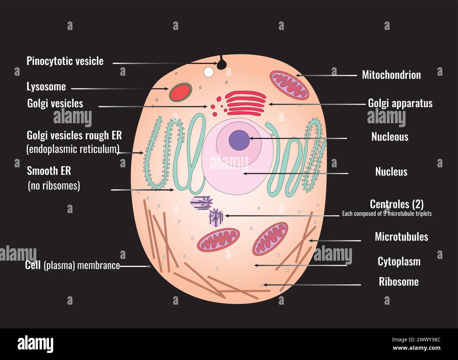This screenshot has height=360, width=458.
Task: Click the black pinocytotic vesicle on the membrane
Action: [222, 64]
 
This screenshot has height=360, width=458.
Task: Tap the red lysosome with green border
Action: [180, 92]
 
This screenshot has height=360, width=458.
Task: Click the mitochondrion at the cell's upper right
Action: [289, 85]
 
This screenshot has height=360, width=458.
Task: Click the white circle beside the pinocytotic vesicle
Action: [209, 72]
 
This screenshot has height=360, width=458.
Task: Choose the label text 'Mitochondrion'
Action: [391, 75]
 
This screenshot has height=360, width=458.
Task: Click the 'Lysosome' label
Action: [46, 87]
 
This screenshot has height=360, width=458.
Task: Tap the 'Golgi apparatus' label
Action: [400, 103]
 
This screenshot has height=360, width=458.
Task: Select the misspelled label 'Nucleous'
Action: [390, 137]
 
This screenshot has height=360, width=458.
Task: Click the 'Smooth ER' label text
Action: [49, 171]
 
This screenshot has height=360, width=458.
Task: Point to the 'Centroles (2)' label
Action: [396, 204]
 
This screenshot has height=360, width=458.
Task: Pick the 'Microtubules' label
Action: [401, 237]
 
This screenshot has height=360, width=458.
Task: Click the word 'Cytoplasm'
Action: [399, 262]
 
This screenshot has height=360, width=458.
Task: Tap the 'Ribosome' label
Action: [398, 282]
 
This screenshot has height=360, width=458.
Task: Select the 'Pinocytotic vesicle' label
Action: [65, 61]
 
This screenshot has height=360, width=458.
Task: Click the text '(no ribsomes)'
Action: [54, 186]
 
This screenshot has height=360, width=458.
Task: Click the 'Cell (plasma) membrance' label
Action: [72, 265]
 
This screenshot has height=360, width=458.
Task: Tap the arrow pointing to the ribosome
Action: [312, 285]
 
